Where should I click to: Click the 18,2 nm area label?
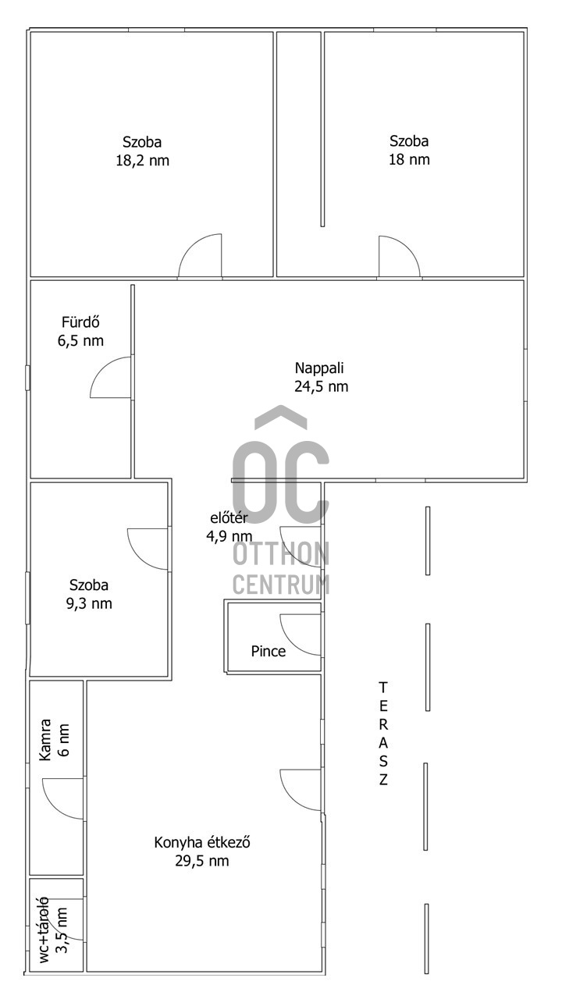click(143, 161)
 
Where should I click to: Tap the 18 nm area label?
click(409, 160)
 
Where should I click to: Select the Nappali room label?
click(319, 368)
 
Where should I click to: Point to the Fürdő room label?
click(80, 322)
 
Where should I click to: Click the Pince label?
click(268, 651)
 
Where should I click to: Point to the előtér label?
click(229, 517)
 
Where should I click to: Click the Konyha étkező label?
click(201, 842)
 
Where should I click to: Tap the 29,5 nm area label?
click(201, 861)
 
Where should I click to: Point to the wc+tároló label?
click(44, 929)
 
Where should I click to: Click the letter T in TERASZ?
click(382, 688)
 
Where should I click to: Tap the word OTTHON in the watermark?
click(281, 554)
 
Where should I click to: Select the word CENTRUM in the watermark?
click(281, 585)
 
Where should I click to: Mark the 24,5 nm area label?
click(321, 386)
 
